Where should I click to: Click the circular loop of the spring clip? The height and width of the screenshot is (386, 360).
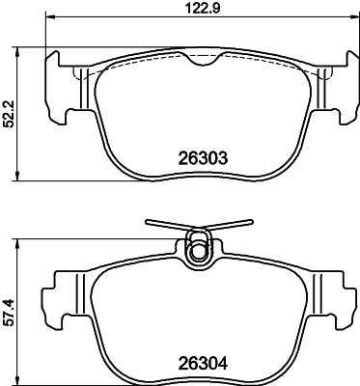(x=200, y=251)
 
